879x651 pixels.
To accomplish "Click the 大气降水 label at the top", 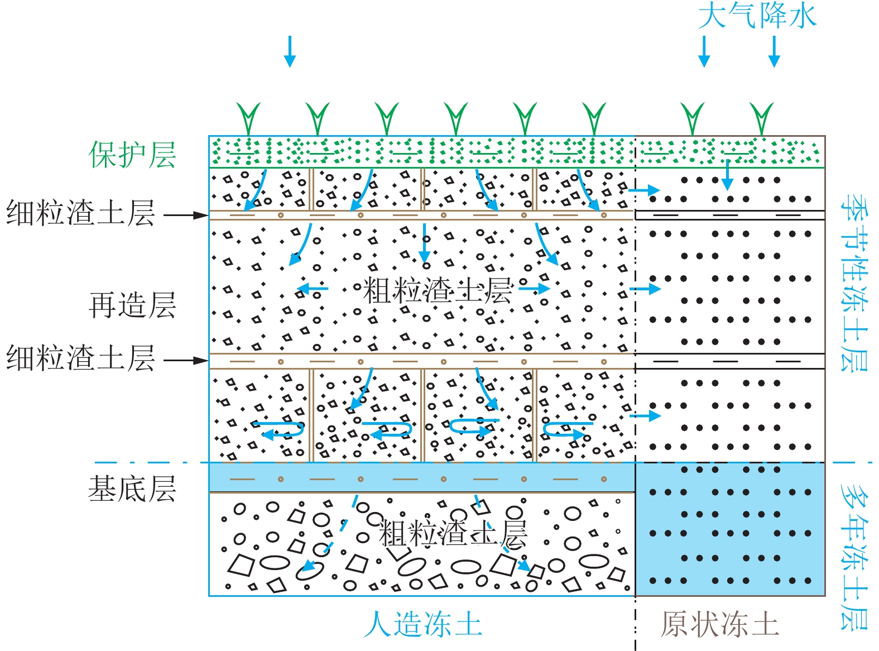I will click(757, 16).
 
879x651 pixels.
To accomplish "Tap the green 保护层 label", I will click(132, 155).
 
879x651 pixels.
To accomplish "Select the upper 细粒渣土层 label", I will click(80, 214).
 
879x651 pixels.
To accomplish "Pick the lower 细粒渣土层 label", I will click(80, 358).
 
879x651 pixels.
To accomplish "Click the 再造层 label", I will click(132, 305).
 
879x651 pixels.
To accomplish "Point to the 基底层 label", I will click(132, 489).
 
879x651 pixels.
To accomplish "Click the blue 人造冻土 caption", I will click(422, 624).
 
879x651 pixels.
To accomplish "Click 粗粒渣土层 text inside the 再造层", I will click(438, 290).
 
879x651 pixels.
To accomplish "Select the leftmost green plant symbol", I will click(248, 118).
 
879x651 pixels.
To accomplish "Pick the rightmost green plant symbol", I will click(762, 118).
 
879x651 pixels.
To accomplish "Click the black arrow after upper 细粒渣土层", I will click(186, 215).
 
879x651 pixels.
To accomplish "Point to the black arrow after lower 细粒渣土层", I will click(186, 361).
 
